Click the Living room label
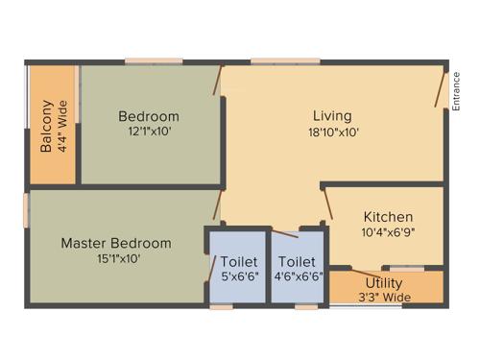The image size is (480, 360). pyautogui.click(x=332, y=116)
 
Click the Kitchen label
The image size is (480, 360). pyautogui.click(x=388, y=217)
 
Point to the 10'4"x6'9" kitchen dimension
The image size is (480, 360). pyautogui.click(x=388, y=232)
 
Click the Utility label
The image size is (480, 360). pyautogui.click(x=383, y=283)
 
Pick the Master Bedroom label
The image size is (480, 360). pyautogui.click(x=116, y=243)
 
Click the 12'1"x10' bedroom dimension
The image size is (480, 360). pyautogui.click(x=149, y=132)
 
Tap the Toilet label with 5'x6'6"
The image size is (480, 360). pyautogui.click(x=238, y=261)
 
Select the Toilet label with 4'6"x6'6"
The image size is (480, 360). pyautogui.click(x=297, y=261)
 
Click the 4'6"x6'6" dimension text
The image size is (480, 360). pyautogui.click(x=297, y=276)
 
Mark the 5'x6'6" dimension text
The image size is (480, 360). pyautogui.click(x=238, y=276)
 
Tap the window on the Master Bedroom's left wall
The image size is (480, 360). pyautogui.click(x=28, y=211)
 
